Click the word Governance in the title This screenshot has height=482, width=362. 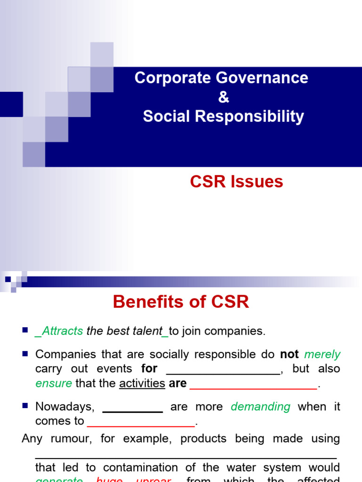tap(264, 78)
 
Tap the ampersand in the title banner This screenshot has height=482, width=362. tap(223, 97)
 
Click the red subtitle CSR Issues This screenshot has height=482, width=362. tap(236, 182)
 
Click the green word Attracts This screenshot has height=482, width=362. tap(63, 331)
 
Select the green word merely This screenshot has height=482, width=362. tap(322, 354)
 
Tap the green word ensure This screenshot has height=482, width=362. tap(54, 383)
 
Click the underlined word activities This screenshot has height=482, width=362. tap(142, 383)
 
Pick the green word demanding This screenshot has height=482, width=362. tap(261, 406)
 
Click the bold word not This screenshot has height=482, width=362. tap(289, 354)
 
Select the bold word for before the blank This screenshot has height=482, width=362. tap(149, 369)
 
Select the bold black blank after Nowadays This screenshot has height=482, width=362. tap(132, 411)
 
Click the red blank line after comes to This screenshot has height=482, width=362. tap(141, 426)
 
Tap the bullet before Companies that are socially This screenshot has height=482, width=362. tap(25, 353)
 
